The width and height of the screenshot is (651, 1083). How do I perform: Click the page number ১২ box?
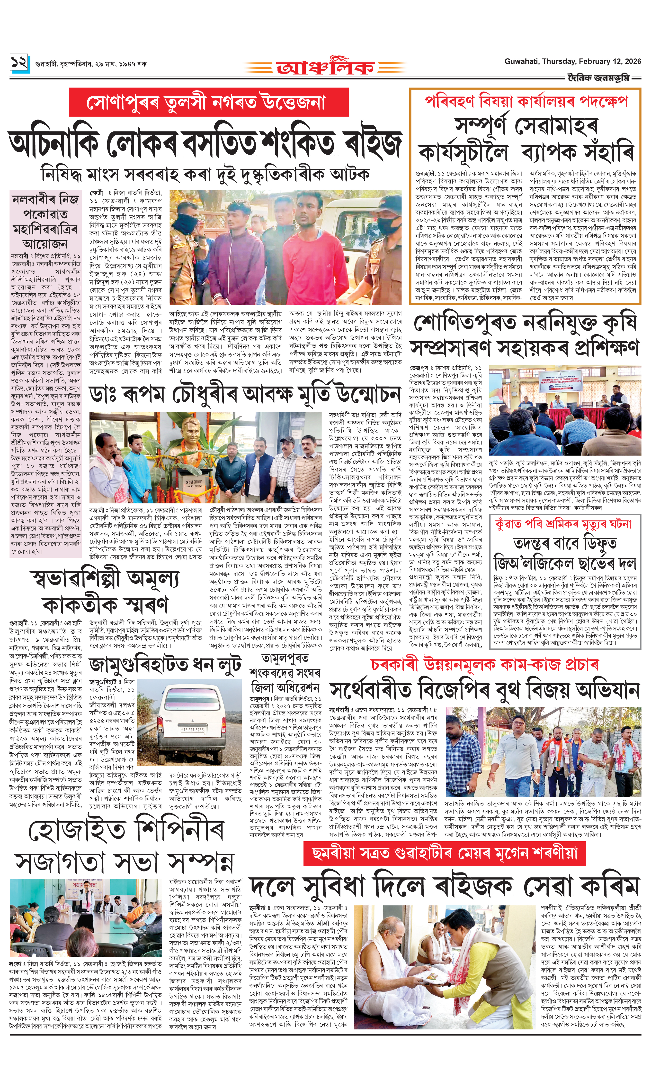tap(20, 63)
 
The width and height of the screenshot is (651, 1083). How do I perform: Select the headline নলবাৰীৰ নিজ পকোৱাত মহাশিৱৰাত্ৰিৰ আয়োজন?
tap(46, 222)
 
